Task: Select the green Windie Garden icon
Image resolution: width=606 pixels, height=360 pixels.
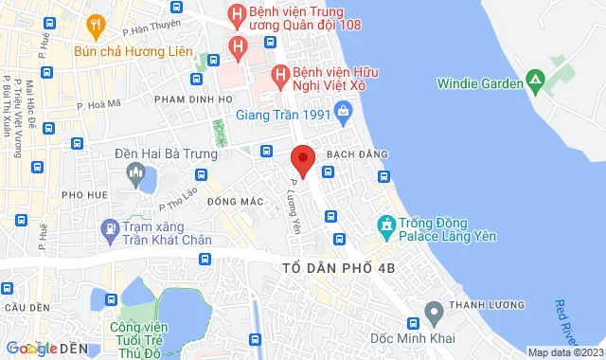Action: (x=535, y=82)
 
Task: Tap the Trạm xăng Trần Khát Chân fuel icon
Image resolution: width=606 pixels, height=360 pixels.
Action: (x=113, y=228)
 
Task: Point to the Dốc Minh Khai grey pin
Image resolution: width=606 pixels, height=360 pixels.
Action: (x=434, y=312)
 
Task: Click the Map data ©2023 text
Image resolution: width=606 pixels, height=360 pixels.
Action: (x=563, y=352)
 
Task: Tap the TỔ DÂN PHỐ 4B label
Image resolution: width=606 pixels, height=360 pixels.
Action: (x=339, y=269)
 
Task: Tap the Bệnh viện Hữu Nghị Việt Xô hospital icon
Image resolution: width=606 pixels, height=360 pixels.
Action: (x=279, y=74)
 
